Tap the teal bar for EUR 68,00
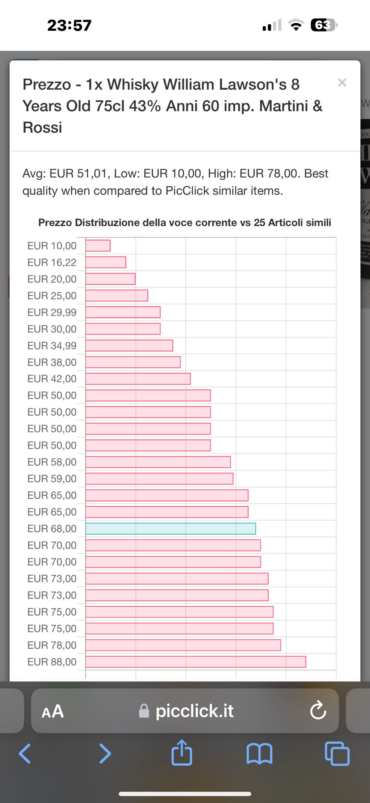pos(171,529)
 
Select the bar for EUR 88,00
pos(196,662)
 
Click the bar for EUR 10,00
pos(98,246)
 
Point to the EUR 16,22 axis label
pos(52,262)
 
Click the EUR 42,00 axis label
pos(52,379)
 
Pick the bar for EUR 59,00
pos(159,479)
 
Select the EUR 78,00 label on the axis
pos(52,645)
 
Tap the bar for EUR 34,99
pos(129,346)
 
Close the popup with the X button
pos(342,83)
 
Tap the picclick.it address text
pos(194,711)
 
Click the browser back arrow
pos(25,753)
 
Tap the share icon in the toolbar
pos(182,753)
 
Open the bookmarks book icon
pos(259,753)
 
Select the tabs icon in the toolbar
pos(337,753)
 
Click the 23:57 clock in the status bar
pos(69,26)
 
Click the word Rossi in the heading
pos(42,127)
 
